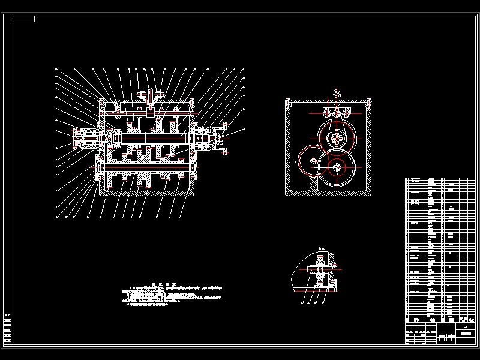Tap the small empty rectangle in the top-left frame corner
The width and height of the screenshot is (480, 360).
[x=23, y=19]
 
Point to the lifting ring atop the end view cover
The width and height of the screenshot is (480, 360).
[x=336, y=94]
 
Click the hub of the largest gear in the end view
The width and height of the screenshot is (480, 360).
[x=337, y=168]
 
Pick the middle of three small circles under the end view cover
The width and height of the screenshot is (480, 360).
[x=337, y=113]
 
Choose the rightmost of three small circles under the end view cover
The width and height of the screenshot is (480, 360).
[x=346, y=113]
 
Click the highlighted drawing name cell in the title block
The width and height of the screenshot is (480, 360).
[x=466, y=332]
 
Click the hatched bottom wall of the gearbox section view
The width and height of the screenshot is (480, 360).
[x=147, y=193]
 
